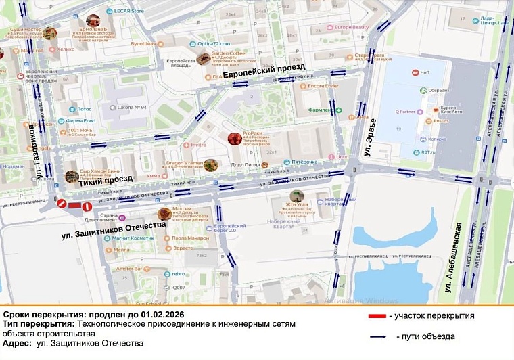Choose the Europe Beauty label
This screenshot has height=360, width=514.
click(x=350, y=28)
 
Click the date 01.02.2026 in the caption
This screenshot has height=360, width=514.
click(x=166, y=315)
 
